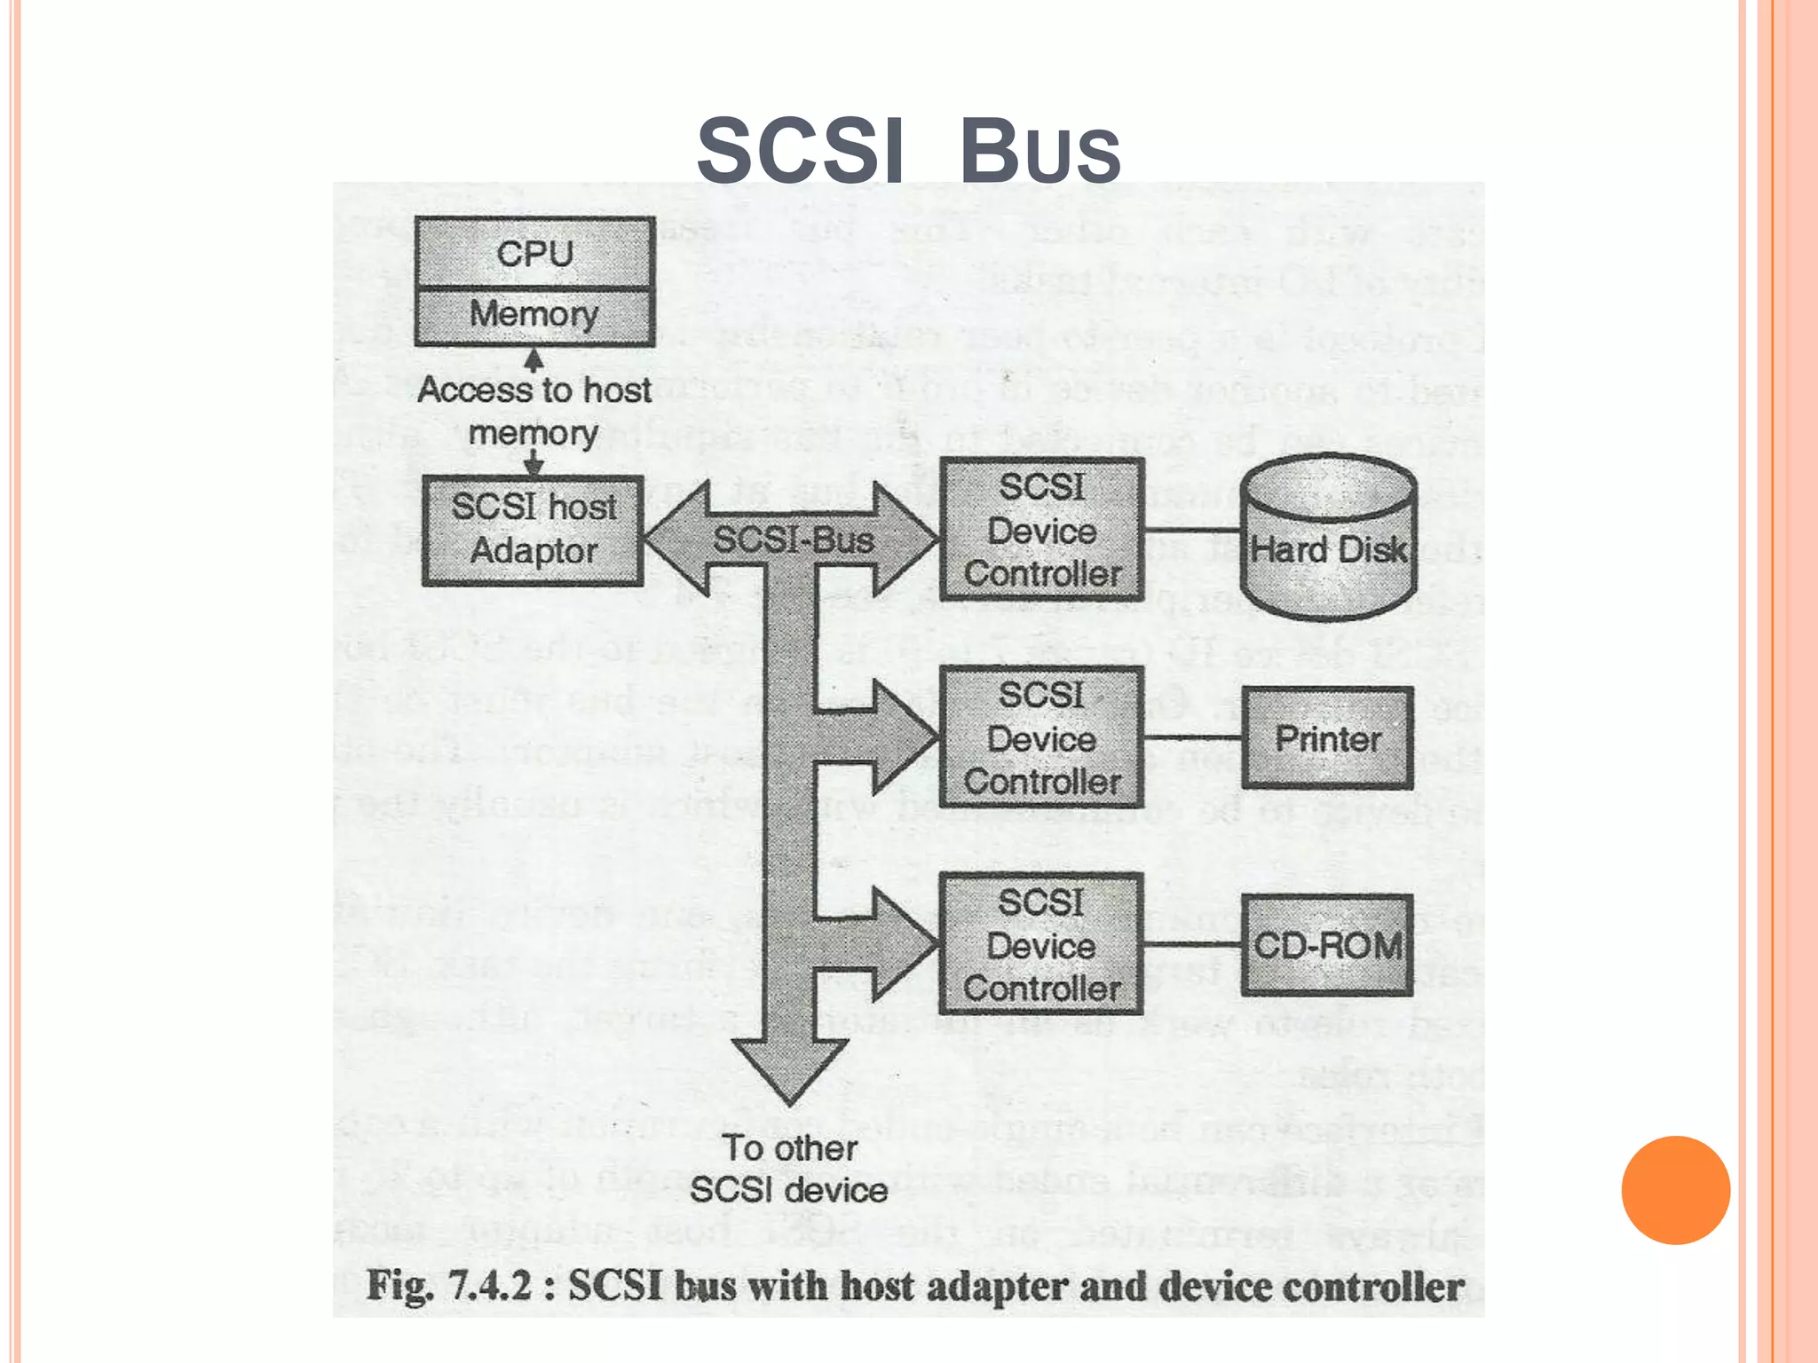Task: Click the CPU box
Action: [534, 253]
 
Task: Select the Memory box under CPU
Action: [534, 314]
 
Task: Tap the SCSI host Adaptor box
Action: [533, 530]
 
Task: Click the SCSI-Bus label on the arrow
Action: [793, 540]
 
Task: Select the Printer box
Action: [1327, 738]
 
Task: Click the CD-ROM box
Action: [1327, 945]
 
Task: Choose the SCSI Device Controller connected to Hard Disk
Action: [1041, 530]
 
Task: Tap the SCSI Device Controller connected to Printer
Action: [1041, 738]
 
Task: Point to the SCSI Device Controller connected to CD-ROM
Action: [1041, 945]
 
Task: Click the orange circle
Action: [1675, 1190]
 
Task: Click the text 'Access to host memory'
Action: [534, 411]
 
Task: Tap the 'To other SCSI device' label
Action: [789, 1169]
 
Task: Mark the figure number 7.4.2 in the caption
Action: [489, 1286]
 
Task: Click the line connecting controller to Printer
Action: [1192, 738]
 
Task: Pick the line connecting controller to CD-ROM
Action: [1192, 945]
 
